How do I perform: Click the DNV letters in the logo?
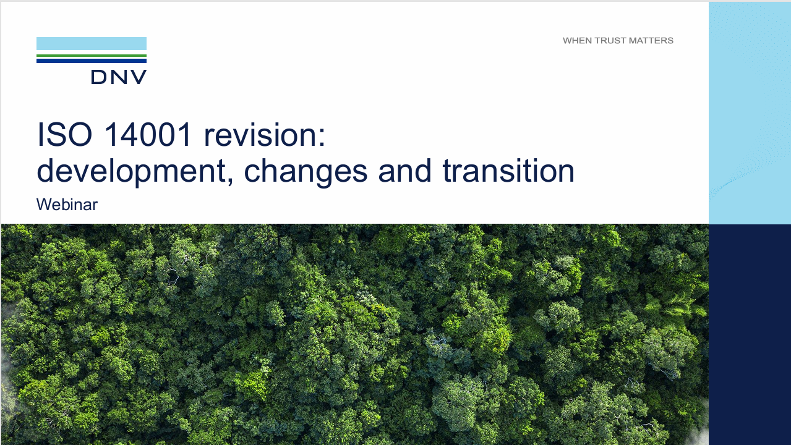(119, 77)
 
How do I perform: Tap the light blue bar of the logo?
(92, 43)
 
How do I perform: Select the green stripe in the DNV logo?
(92, 56)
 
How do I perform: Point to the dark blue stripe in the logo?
(92, 61)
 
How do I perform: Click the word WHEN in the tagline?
(576, 41)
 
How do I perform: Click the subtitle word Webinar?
(67, 205)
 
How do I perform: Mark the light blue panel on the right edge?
(750, 111)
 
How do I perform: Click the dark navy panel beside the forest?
(750, 334)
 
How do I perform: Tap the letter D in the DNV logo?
(99, 77)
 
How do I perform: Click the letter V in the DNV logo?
(139, 77)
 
